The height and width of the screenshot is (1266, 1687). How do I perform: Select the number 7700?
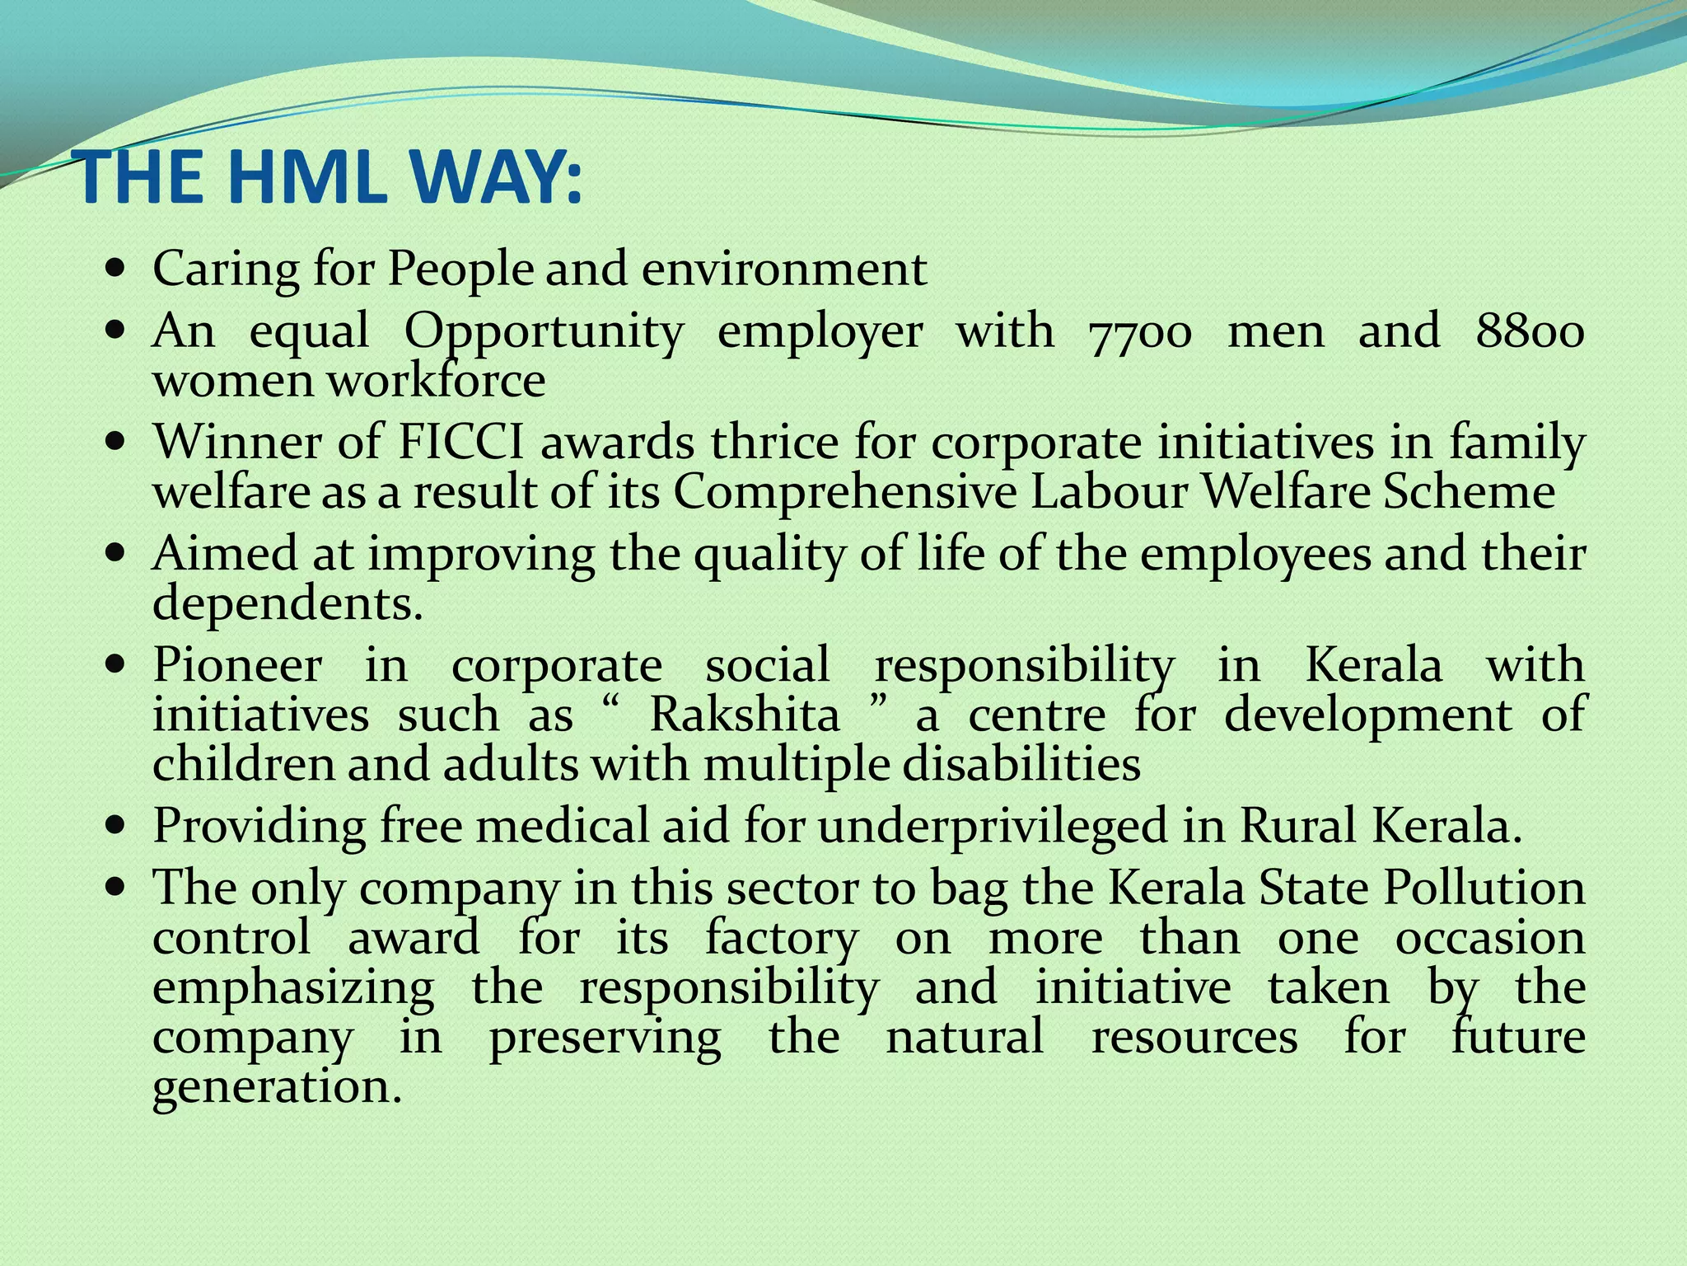(1140, 333)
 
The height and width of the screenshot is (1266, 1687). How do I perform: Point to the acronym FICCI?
(460, 443)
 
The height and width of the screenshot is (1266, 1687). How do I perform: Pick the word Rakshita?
(745, 715)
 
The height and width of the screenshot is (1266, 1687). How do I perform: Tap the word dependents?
(287, 603)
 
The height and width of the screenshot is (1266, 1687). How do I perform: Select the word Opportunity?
(544, 333)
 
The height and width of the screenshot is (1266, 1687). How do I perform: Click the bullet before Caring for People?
(116, 270)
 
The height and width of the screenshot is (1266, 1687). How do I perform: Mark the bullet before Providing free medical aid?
(116, 825)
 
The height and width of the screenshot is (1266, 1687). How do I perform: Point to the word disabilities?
(1021, 764)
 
